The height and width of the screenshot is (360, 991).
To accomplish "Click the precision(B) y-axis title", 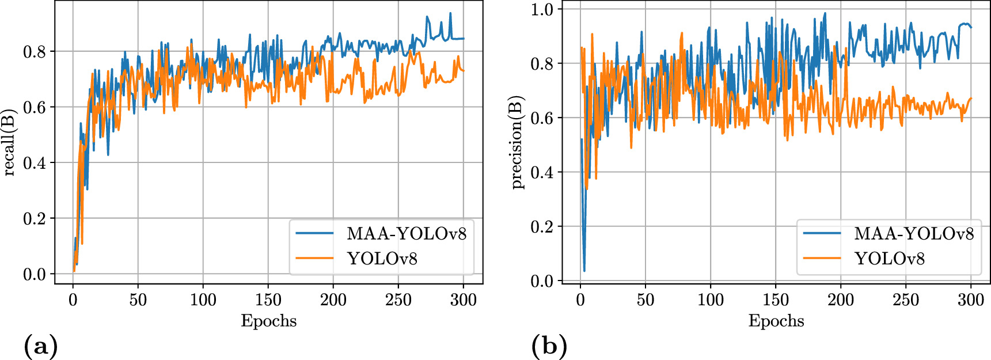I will [x=517, y=142].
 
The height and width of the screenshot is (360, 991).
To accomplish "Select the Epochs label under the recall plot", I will [x=268, y=321].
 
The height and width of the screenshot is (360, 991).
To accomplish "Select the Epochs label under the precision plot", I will [x=776, y=321].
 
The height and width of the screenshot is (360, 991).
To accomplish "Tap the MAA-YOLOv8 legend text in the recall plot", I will [x=406, y=233].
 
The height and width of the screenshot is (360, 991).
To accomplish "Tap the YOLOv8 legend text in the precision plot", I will [x=889, y=258].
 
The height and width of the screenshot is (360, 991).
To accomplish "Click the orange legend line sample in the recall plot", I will [x=314, y=258].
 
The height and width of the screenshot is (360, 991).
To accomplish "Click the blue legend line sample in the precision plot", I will [x=822, y=233].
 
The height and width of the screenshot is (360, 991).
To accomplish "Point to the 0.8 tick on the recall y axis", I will [x=34, y=52].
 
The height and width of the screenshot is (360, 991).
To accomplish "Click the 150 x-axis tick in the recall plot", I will [x=268, y=300].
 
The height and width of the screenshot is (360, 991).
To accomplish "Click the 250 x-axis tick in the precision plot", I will [x=906, y=300].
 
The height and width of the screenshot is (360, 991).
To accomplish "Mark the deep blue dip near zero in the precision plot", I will [x=584, y=270].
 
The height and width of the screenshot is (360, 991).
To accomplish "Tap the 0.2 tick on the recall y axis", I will [x=34, y=219].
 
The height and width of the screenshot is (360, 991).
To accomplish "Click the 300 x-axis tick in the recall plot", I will [x=463, y=300].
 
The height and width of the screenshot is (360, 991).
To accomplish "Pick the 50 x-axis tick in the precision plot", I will [x=645, y=300].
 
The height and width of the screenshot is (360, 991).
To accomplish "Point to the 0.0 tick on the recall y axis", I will [x=34, y=275].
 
